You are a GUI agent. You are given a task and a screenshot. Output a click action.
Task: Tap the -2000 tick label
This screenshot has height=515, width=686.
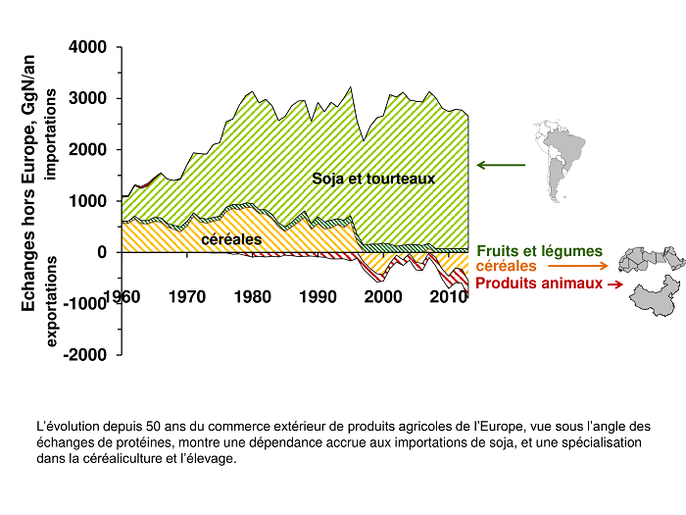(84, 355)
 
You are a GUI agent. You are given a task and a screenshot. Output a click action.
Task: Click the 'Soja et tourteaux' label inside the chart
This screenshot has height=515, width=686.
(373, 179)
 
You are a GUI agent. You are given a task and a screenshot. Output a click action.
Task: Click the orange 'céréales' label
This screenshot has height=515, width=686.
(507, 266)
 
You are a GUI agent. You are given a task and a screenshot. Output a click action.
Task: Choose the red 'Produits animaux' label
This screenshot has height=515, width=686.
(538, 283)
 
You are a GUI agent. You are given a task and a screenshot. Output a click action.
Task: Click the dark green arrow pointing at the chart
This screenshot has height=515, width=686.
(501, 165)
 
